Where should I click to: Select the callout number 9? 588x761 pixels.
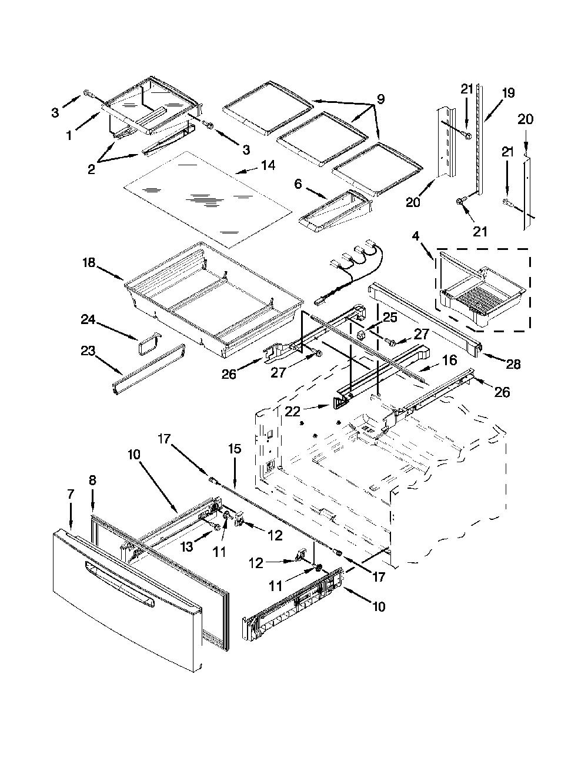pyautogui.click(x=380, y=99)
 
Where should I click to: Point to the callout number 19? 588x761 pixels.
pyautogui.click(x=508, y=93)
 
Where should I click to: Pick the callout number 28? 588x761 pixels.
pyautogui.click(x=513, y=364)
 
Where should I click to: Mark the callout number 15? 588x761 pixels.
pyautogui.click(x=235, y=449)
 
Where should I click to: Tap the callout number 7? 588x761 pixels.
pyautogui.click(x=71, y=495)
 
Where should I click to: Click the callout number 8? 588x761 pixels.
pyautogui.click(x=92, y=480)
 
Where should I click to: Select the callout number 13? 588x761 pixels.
pyautogui.click(x=186, y=547)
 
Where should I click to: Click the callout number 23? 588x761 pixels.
pyautogui.click(x=88, y=351)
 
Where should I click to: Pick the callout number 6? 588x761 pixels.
pyautogui.click(x=298, y=184)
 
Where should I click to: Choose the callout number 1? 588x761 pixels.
pyautogui.click(x=69, y=135)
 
